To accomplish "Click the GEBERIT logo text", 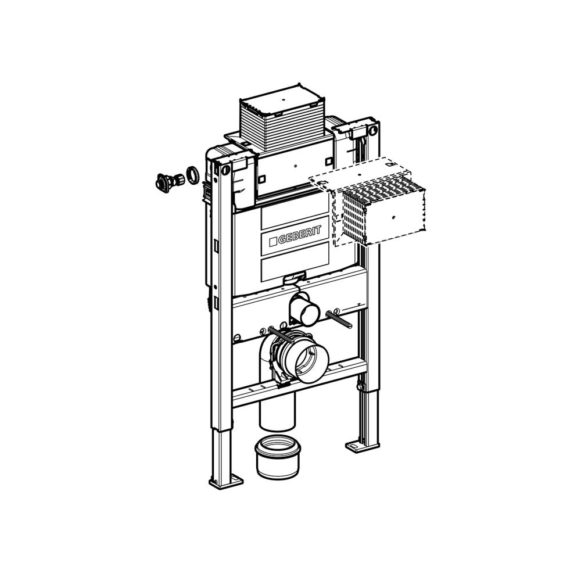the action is [299, 235].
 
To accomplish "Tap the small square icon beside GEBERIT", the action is [274, 242].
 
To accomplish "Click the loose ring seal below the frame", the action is [278, 458].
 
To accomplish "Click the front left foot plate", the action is [226, 480].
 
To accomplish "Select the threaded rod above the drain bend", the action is [281, 336].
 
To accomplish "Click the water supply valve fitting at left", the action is [168, 182].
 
